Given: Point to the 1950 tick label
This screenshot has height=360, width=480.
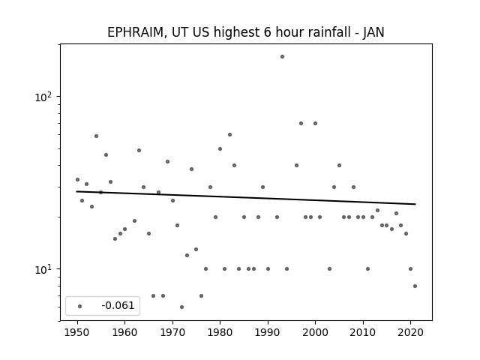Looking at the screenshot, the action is click(77, 332).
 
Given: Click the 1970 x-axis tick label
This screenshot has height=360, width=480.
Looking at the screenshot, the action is click(172, 332).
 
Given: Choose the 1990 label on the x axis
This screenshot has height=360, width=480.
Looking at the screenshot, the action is click(268, 332).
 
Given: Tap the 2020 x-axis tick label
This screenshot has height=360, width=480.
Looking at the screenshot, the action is click(410, 332).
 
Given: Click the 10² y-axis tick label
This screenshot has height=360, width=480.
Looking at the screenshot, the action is click(43, 97).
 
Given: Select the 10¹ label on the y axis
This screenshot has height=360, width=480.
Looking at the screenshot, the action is click(43, 269).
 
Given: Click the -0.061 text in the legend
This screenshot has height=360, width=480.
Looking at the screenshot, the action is click(118, 305).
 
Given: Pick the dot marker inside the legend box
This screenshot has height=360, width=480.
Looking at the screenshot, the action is click(80, 306).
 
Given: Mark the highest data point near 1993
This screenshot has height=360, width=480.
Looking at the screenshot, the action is click(282, 57).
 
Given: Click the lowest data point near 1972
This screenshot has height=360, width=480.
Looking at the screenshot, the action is click(181, 307).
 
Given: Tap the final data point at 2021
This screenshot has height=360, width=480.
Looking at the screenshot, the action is click(415, 286).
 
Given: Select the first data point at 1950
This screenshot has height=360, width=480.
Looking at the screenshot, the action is click(77, 180).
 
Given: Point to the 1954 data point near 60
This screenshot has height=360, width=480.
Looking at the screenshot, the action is click(97, 136).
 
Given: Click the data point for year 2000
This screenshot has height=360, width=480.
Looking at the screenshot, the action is click(315, 123).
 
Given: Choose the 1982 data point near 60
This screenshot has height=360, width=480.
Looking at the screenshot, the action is click(230, 135).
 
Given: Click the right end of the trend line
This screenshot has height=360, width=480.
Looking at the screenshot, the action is click(415, 204).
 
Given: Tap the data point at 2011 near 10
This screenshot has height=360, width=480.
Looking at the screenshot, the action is click(367, 268).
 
